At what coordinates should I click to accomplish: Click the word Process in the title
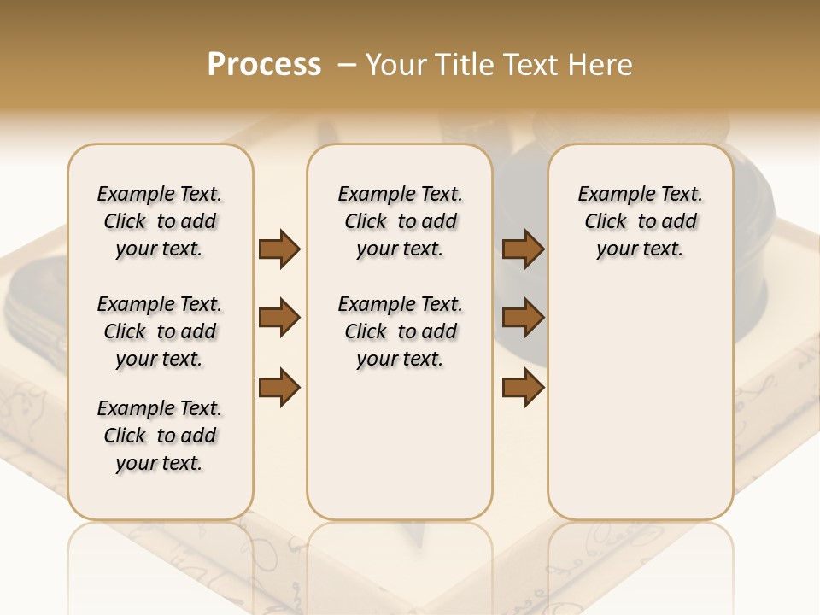pos(264,64)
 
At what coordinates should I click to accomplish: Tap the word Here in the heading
pos(603,64)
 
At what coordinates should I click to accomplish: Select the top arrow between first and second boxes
pos(279,249)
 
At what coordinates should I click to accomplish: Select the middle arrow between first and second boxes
pos(279,318)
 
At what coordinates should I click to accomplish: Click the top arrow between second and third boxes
pos(523,249)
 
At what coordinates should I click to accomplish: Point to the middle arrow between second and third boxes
pos(523,318)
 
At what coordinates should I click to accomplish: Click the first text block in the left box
pos(160,221)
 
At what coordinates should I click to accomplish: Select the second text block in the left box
pos(160,331)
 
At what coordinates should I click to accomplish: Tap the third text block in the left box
pos(160,436)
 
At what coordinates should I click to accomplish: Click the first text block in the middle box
pos(401,221)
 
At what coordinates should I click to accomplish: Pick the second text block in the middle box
pos(401,331)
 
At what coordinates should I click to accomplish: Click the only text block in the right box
pos(641,221)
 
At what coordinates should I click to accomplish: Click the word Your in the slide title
pos(396,64)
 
